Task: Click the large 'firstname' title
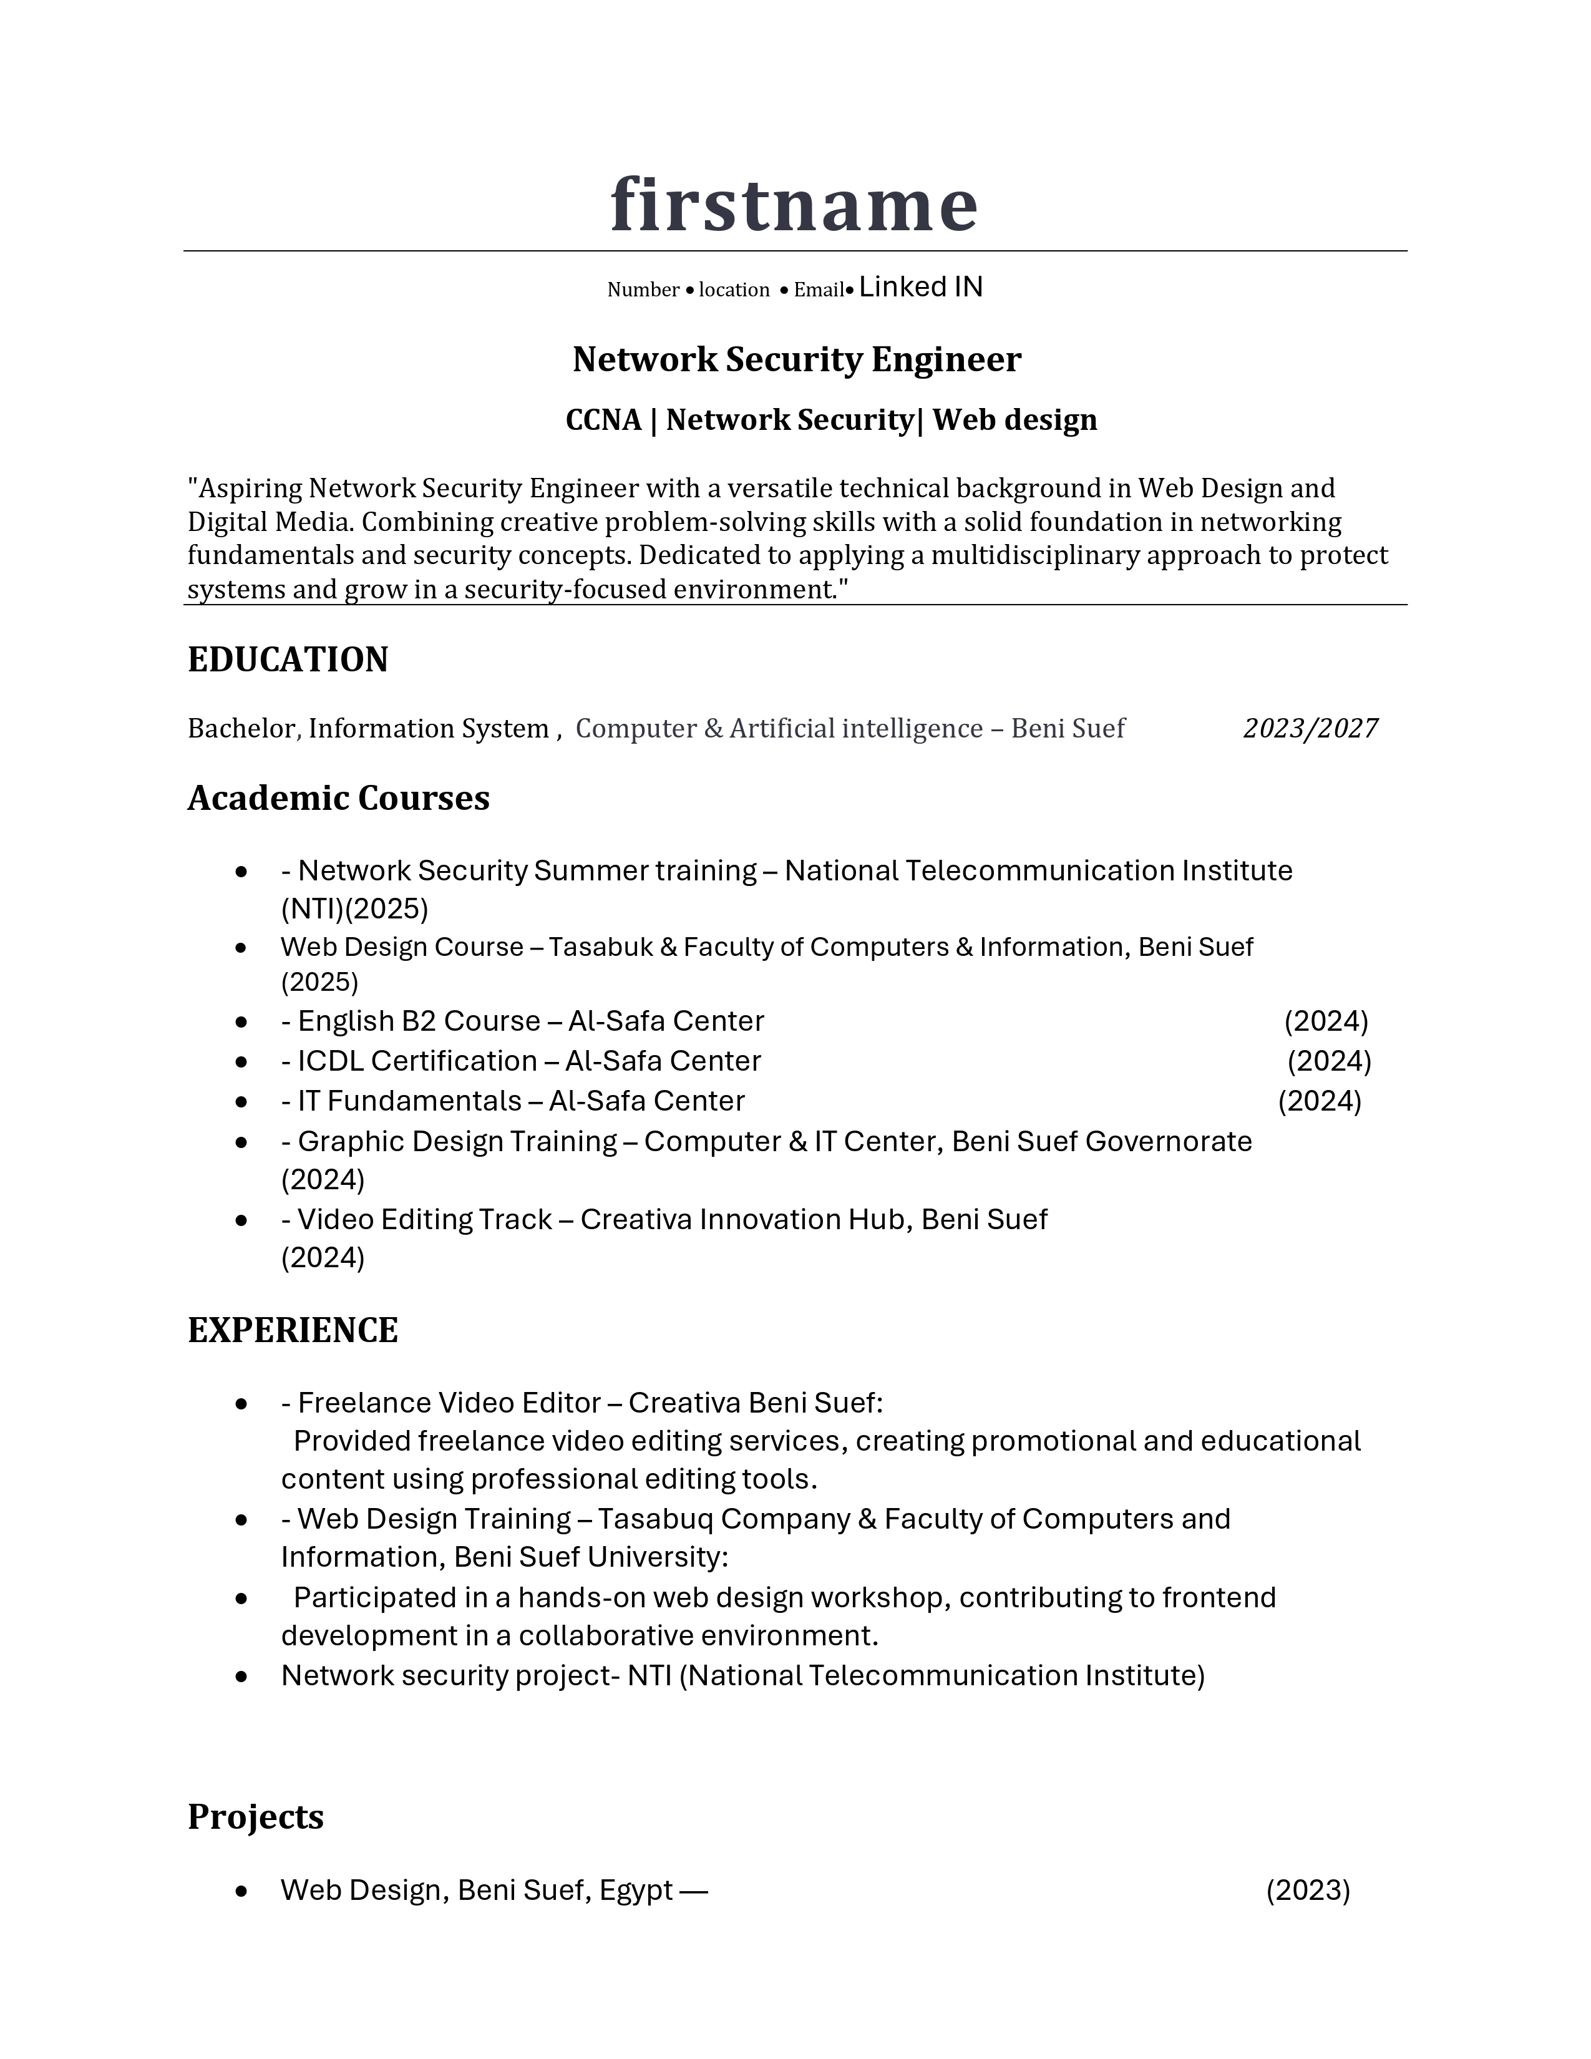[794, 205]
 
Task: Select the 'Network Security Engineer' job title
[797, 359]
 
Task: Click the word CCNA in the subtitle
[603, 419]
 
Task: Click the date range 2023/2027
[1310, 728]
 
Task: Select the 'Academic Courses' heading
[338, 797]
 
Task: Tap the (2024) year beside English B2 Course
[1325, 1021]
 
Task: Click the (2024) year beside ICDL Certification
[1329, 1061]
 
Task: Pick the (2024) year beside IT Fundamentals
[1320, 1101]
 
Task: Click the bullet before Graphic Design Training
[242, 1142]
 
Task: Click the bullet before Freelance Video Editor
[242, 1404]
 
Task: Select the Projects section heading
[255, 1817]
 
